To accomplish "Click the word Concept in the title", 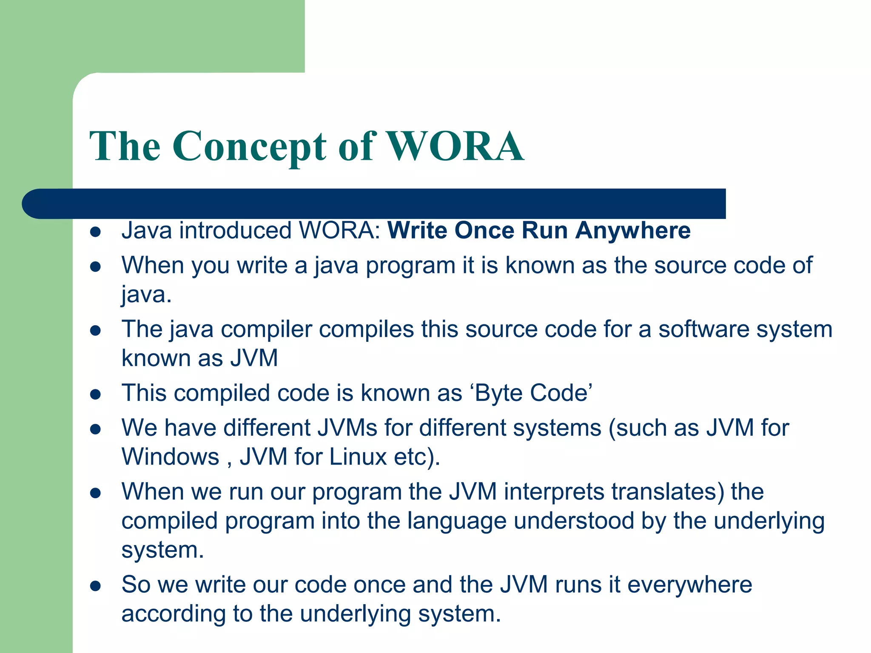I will pyautogui.click(x=249, y=146).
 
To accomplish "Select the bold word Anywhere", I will pyautogui.click(x=633, y=231).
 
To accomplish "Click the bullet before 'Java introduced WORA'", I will pyautogui.click(x=95, y=232).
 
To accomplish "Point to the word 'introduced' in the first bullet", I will pyautogui.click(x=235, y=231).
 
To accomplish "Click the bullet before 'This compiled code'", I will pyautogui.click(x=95, y=395).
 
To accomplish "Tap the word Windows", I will pyautogui.click(x=170, y=457).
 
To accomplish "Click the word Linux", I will pyautogui.click(x=358, y=457).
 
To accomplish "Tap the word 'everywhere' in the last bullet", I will pyautogui.click(x=689, y=585).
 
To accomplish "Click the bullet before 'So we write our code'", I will pyautogui.click(x=95, y=587).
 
